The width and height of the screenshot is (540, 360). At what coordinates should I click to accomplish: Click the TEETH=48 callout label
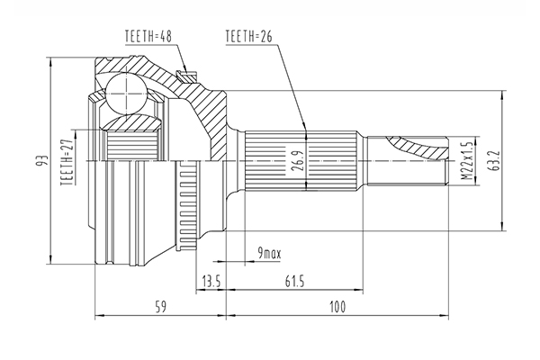(x=148, y=36)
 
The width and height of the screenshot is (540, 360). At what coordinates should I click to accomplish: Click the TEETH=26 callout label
(x=249, y=36)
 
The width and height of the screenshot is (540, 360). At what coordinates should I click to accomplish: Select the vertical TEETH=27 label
(x=67, y=163)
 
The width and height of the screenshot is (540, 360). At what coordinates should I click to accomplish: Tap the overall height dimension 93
(x=43, y=161)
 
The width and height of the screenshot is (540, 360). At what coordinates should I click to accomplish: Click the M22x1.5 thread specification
(x=467, y=160)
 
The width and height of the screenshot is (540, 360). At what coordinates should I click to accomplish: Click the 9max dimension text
(x=269, y=254)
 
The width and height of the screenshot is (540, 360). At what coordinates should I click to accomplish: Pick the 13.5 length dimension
(x=211, y=282)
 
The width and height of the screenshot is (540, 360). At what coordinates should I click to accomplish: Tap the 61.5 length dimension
(x=295, y=282)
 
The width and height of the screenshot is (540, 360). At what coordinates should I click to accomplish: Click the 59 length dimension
(x=160, y=307)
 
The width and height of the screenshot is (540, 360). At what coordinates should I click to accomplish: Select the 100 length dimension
(x=337, y=307)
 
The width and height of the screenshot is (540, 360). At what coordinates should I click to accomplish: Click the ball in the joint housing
(x=126, y=93)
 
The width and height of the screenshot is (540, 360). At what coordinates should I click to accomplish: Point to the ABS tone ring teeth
(x=187, y=205)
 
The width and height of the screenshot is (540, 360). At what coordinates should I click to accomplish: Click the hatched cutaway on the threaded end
(x=418, y=148)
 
